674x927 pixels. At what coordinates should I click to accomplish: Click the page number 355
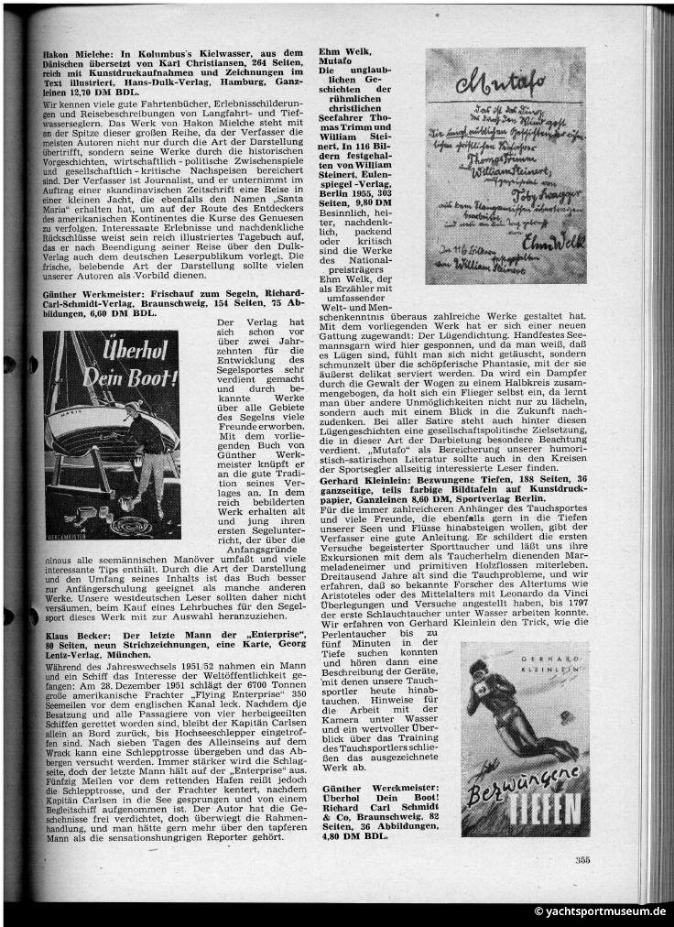click(583, 858)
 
